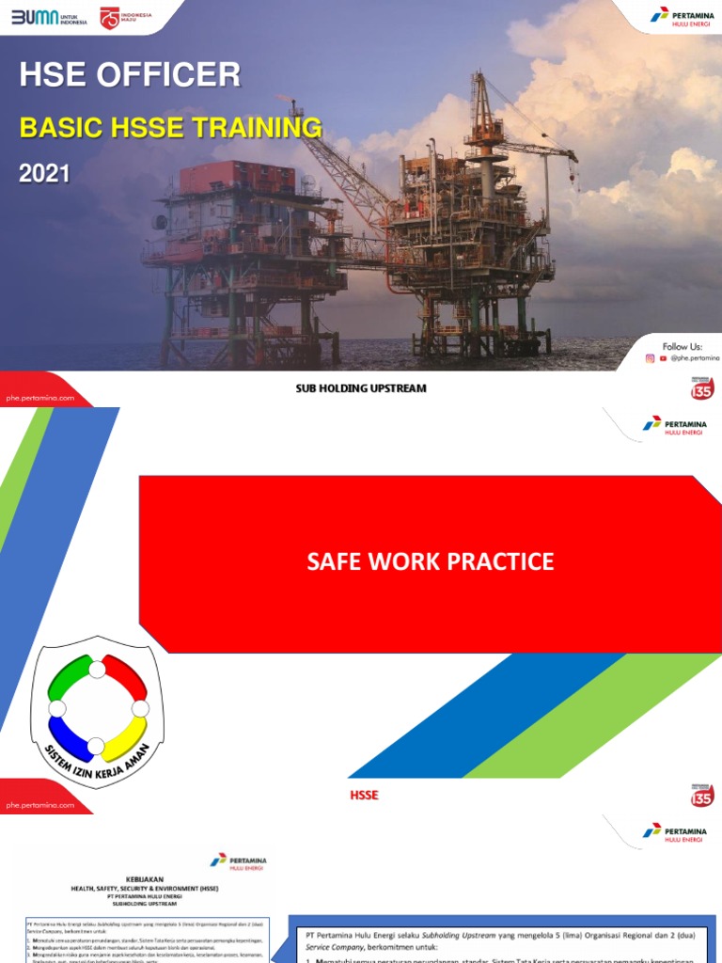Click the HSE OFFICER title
130,75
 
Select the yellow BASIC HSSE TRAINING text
170,127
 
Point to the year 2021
45,174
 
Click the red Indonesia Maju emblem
110,18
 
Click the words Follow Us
683,346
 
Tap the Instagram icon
650,358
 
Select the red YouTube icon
663,358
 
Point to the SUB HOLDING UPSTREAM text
361,388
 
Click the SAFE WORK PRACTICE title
431,562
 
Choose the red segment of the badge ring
126,679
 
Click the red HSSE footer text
364,796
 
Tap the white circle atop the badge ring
98,669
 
